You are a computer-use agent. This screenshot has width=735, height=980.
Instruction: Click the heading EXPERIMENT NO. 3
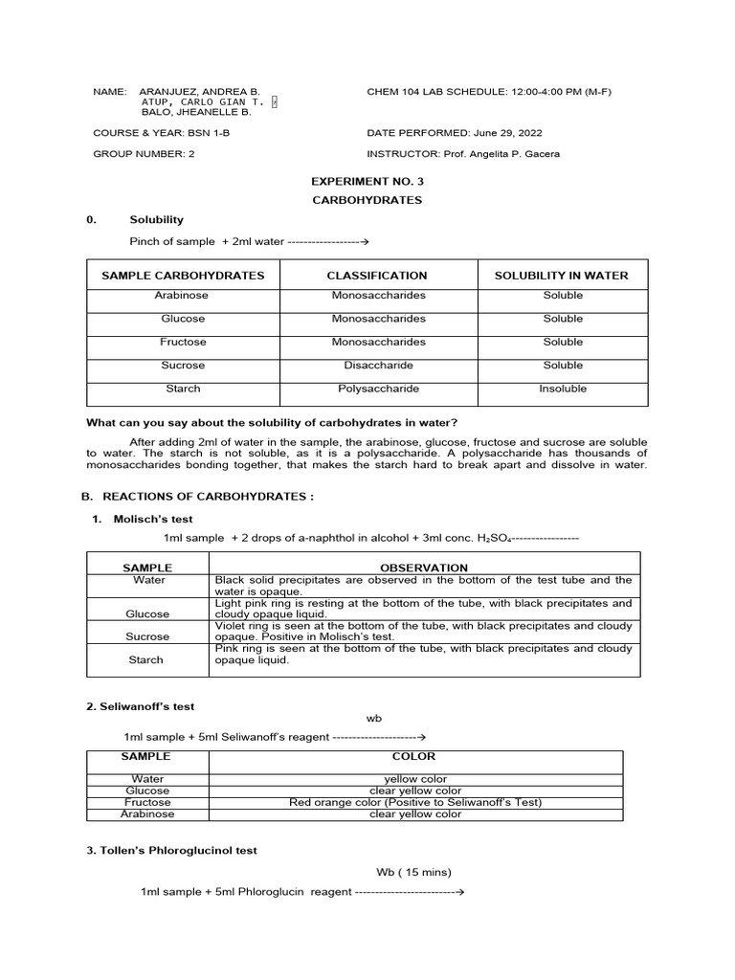[367, 180]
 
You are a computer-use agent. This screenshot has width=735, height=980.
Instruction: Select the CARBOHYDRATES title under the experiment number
[367, 200]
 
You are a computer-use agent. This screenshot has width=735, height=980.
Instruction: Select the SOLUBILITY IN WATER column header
[561, 276]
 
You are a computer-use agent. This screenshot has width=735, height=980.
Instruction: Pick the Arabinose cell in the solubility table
[183, 296]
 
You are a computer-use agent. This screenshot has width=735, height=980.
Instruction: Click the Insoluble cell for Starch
[563, 389]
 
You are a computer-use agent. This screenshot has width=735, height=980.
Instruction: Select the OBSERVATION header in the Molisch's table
[424, 568]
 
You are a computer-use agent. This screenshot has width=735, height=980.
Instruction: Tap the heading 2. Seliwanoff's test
[140, 706]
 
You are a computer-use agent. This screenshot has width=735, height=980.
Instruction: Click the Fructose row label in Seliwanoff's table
[147, 802]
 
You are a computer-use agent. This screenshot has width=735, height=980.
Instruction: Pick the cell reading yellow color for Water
[415, 779]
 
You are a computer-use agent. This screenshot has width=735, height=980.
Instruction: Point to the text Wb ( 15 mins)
[413, 872]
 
